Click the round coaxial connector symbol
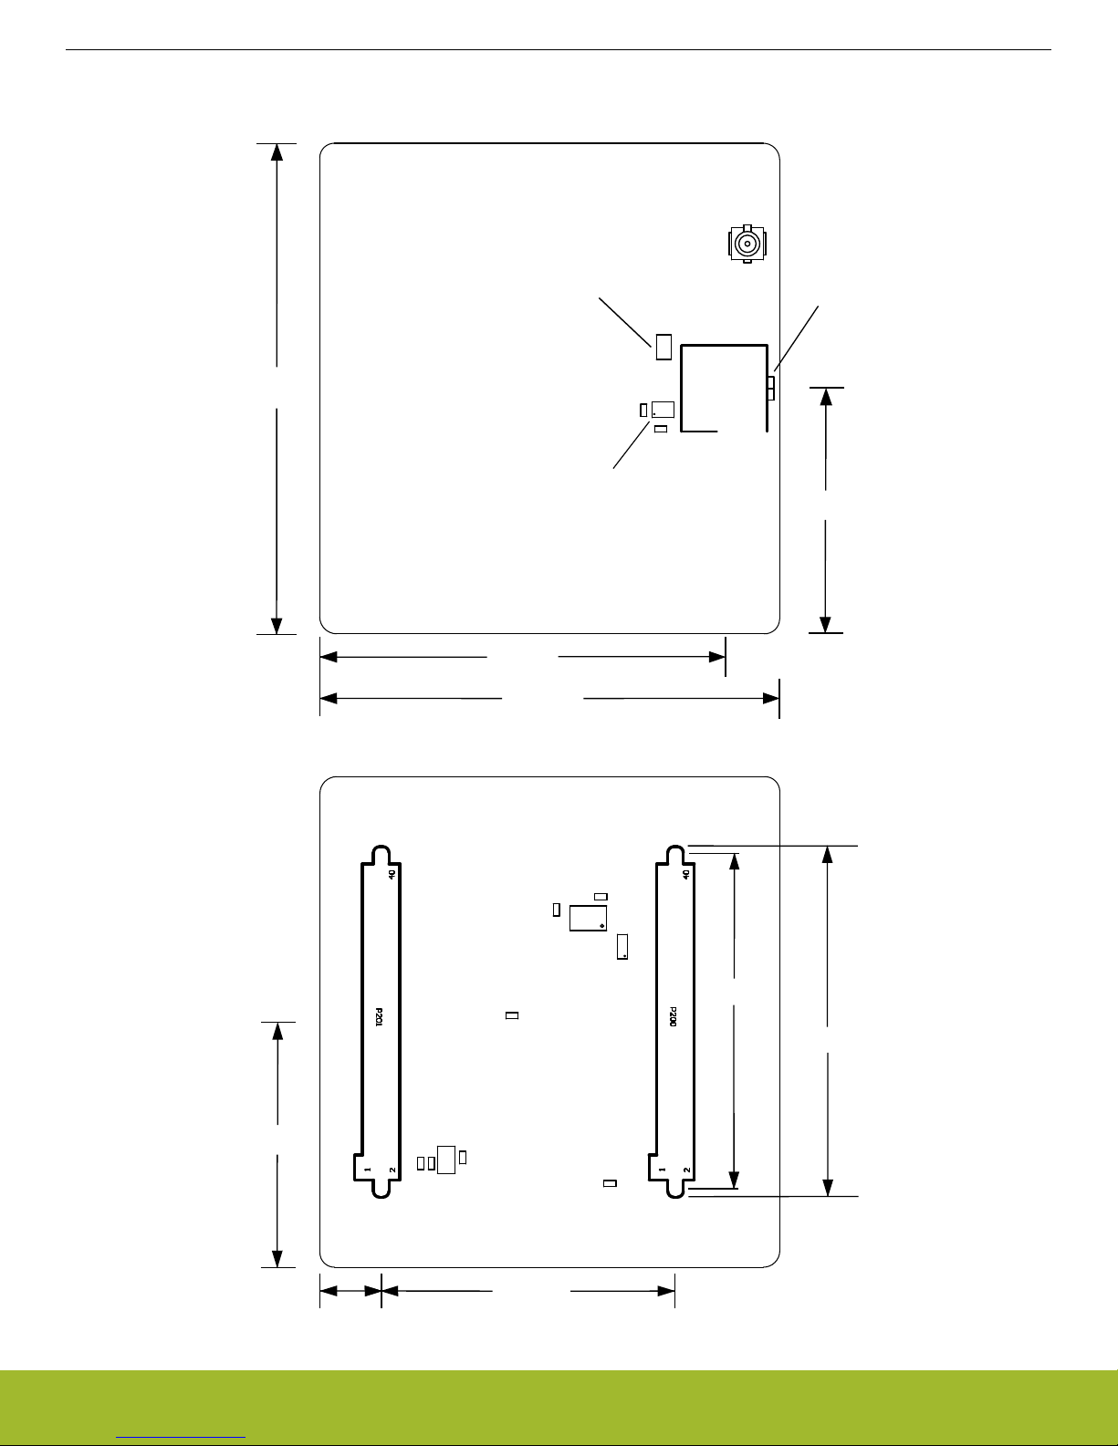pos(747,244)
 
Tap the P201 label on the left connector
pos(379,1017)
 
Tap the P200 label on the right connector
pos(673,1017)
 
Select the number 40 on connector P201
pos(392,874)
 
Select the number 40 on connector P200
pos(686,874)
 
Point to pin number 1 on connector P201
pos(366,1170)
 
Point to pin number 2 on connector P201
pos(392,1170)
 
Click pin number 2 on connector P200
pos(686,1170)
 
